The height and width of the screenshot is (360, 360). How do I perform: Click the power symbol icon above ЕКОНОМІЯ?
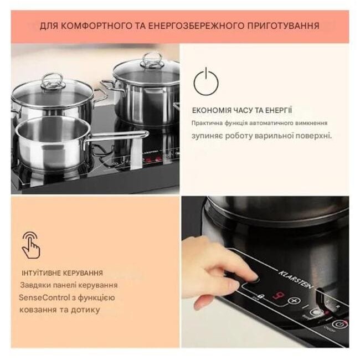(206, 81)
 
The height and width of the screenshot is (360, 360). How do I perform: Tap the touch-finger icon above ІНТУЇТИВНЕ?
(31, 245)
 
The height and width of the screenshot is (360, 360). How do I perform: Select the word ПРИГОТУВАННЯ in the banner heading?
(284, 25)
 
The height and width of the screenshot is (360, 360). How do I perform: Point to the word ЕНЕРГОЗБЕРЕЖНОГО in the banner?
(196, 25)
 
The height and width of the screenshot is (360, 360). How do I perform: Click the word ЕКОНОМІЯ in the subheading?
(212, 110)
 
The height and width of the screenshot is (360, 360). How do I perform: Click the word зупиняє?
(207, 136)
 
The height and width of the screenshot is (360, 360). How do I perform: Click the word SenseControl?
(44, 298)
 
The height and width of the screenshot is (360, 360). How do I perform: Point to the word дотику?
(85, 310)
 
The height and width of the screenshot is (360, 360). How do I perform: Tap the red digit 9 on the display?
(278, 296)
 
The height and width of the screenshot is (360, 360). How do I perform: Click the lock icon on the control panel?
(261, 296)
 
